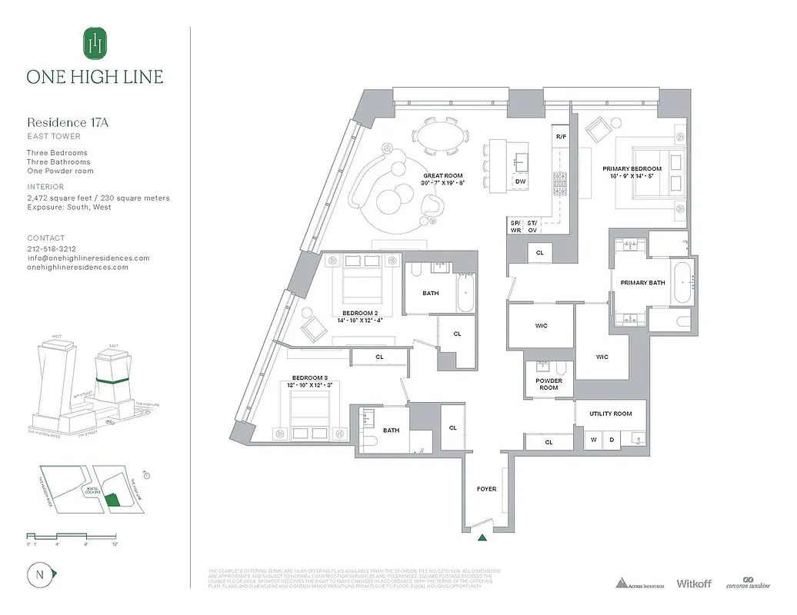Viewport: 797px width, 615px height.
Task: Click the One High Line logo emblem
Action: (95, 44)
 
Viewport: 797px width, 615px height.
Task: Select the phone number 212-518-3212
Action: (52, 249)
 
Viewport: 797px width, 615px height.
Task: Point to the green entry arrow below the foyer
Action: (482, 537)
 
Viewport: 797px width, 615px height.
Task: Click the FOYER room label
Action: (486, 489)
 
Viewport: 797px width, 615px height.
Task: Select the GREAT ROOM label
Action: (439, 176)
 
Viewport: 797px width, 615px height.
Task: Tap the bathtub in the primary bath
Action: (683, 284)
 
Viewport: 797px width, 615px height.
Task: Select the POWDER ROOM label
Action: (549, 384)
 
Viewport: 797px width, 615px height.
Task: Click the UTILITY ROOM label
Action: (611, 414)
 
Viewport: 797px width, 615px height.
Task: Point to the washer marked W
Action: (593, 440)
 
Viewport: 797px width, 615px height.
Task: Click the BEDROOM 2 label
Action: (360, 313)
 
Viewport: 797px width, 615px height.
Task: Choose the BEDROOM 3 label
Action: (309, 378)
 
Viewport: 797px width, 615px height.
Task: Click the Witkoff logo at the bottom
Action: (694, 583)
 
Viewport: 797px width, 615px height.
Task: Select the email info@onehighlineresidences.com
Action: (88, 258)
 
